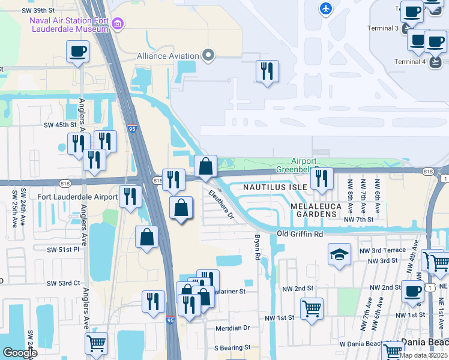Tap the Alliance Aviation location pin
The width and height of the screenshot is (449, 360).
tap(208, 56)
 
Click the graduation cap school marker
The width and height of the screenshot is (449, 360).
tap(339, 254)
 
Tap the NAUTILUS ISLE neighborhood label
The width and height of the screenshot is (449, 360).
tap(276, 187)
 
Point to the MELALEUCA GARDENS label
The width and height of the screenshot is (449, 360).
tap(316, 210)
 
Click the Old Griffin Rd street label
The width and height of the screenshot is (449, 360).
tap(300, 233)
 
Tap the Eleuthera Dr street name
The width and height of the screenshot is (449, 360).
tap(220, 205)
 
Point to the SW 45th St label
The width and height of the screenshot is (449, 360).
tap(61, 125)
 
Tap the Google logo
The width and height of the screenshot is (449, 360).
tap(20, 353)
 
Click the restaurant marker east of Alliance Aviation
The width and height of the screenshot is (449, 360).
tap(267, 70)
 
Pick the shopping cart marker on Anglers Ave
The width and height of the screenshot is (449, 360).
tap(96, 344)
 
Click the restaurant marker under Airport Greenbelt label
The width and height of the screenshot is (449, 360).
tap(321, 178)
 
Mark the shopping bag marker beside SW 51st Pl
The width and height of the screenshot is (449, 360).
tap(146, 238)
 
